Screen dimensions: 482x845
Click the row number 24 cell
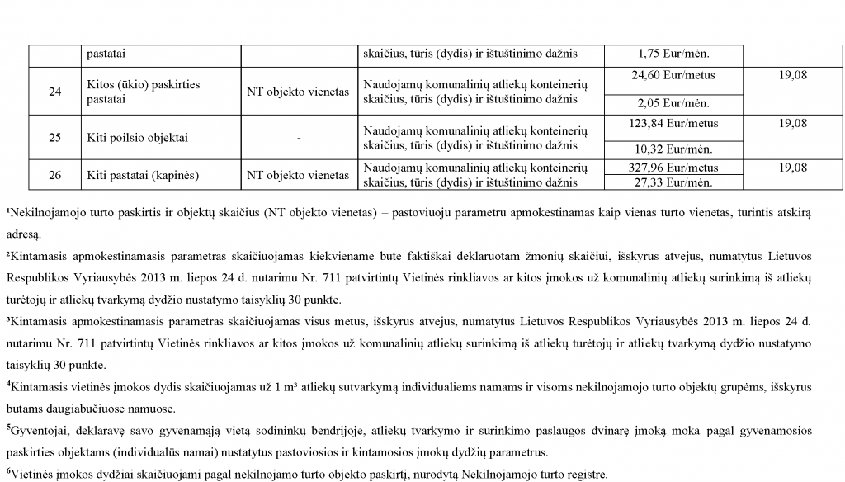(54, 92)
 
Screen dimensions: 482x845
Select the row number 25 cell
(54, 138)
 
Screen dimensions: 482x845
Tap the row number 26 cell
(54, 175)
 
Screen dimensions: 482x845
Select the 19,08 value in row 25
(792, 124)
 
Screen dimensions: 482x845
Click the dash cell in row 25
(298, 138)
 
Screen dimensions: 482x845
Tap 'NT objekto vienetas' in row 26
(298, 175)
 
